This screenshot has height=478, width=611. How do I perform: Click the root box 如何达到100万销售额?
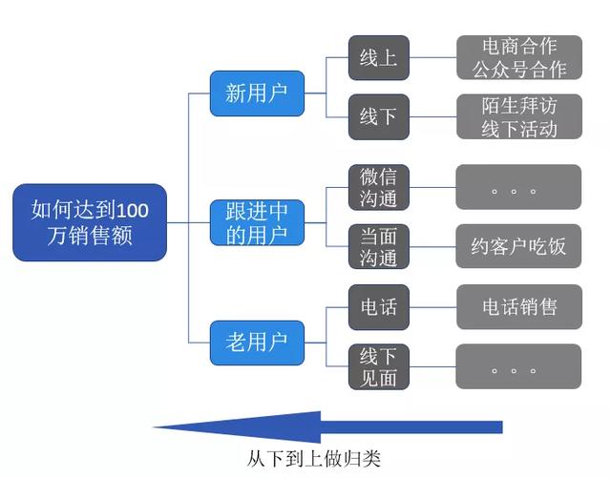tap(90, 222)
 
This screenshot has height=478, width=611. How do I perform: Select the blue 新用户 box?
tap(257, 93)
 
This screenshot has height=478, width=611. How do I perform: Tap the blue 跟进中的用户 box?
tap(257, 222)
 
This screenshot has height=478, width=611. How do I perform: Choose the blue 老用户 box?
tap(257, 341)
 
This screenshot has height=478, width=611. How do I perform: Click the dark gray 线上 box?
tap(378, 58)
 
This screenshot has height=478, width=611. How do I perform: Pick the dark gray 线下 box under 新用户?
tap(378, 116)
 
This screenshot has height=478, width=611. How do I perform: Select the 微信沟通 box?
tap(378, 187)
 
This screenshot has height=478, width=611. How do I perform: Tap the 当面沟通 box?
tap(378, 246)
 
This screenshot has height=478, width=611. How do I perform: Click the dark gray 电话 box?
tap(378, 307)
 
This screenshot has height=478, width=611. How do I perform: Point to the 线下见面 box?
tap(378, 366)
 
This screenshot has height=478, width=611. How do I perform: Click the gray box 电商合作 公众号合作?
tap(518, 57)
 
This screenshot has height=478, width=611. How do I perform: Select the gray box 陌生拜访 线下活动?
tap(518, 116)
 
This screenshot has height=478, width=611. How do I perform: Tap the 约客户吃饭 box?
tap(518, 246)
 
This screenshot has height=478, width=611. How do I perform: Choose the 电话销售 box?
tap(518, 307)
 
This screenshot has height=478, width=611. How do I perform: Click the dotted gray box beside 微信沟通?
tap(518, 187)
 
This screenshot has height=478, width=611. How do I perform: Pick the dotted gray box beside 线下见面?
tap(518, 366)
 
